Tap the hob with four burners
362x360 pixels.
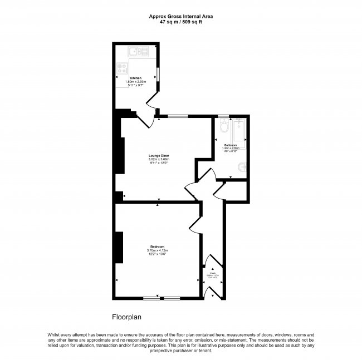coord(121,70)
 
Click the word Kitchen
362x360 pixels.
coord(135,78)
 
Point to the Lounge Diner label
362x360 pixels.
coord(159,155)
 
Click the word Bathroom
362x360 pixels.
coord(231,145)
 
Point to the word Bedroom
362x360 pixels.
coord(157,246)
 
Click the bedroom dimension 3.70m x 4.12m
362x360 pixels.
coord(157,251)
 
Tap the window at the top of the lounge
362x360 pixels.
coord(178,116)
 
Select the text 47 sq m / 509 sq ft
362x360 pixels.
coord(180,22)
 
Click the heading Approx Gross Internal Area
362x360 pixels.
coord(180,16)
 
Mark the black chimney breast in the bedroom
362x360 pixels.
coord(118,247)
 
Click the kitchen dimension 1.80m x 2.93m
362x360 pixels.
coord(135,82)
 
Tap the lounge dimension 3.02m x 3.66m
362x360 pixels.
coord(159,160)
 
